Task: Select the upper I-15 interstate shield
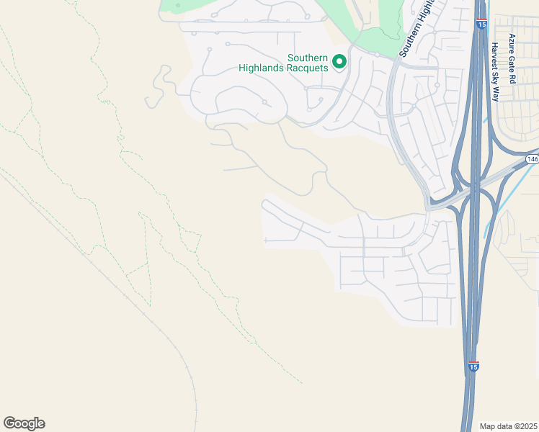coord(480,24)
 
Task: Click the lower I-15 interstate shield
coord(473,367)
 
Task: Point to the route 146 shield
coord(532,159)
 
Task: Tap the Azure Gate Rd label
coord(512,59)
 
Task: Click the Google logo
coord(24,423)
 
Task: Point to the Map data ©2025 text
coord(509,426)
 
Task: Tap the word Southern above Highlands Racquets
coord(308,58)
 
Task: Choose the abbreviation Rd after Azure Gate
coord(512,78)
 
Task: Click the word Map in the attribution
coord(488,426)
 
